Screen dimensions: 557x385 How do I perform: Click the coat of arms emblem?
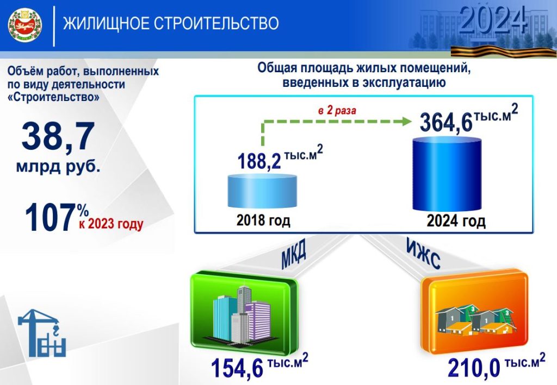pos(25,26)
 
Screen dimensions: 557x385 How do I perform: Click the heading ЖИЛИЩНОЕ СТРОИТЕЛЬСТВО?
pos(171,24)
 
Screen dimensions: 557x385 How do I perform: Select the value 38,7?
pos(58,136)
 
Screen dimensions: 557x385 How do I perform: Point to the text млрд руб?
pos(58,166)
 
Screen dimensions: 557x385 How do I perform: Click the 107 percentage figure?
pos(51,218)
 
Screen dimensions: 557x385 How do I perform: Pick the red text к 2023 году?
pos(111,224)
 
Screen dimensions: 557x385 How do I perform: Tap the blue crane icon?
pos(42,333)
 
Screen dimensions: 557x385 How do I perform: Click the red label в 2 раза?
pos(337,111)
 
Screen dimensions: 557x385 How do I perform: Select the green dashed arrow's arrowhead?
pos(406,122)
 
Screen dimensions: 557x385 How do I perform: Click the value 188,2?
pos(259,161)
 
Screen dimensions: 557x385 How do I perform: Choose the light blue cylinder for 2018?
pos(262,191)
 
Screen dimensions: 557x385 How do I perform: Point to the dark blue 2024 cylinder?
pos(447,174)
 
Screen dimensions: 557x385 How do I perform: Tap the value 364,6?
pos(446,122)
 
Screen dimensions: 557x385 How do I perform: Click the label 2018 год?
pos(263,220)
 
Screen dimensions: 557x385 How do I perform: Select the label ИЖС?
pos(423,254)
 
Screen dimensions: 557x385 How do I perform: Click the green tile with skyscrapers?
pos(244,313)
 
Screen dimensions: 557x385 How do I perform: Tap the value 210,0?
pos(474,368)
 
